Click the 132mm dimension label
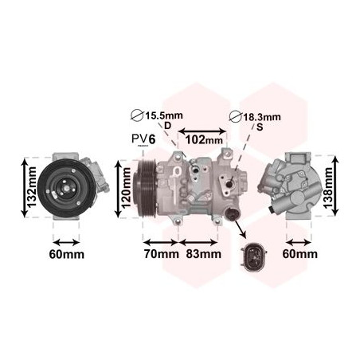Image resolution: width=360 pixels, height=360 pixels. click(x=33, y=187)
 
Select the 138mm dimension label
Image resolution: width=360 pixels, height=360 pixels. click(x=328, y=187)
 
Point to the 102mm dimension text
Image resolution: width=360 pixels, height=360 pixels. click(x=204, y=139)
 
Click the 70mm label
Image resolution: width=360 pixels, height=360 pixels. click(x=162, y=254)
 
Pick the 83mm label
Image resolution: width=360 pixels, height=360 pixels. click(x=204, y=254)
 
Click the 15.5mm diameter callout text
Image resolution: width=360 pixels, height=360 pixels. click(x=163, y=115)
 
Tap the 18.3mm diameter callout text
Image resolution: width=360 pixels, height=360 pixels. click(x=261, y=117)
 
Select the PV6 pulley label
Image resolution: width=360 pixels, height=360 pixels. click(x=143, y=139)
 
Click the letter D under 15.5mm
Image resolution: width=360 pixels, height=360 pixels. click(x=168, y=126)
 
